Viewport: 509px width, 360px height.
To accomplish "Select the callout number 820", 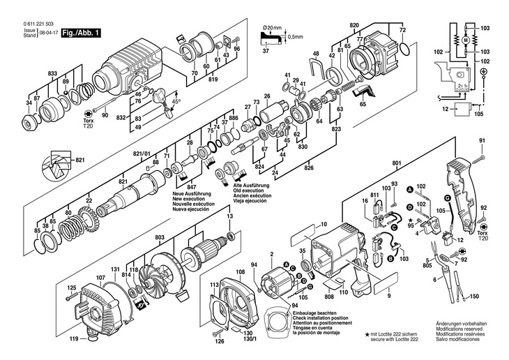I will click(x=354, y=26).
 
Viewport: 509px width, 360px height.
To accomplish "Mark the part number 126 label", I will click(x=220, y=342).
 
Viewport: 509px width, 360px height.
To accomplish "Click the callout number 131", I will click(x=96, y=269).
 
